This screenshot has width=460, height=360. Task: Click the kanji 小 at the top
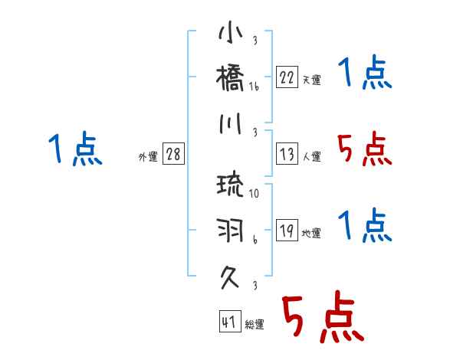click(x=230, y=35)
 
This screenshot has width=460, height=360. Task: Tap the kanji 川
click(x=230, y=122)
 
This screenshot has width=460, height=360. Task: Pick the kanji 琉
click(x=230, y=185)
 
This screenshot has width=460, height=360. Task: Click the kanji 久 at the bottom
click(x=230, y=273)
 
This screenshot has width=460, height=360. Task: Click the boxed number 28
click(x=173, y=154)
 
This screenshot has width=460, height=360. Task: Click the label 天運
click(x=311, y=80)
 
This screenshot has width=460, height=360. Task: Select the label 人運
click(x=311, y=156)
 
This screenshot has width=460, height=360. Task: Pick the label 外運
click(x=148, y=156)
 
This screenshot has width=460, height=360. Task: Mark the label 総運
click(x=255, y=325)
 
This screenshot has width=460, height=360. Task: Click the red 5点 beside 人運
click(x=365, y=149)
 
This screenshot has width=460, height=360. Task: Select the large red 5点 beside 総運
click(x=321, y=318)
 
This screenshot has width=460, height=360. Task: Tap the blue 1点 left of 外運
click(x=75, y=149)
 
